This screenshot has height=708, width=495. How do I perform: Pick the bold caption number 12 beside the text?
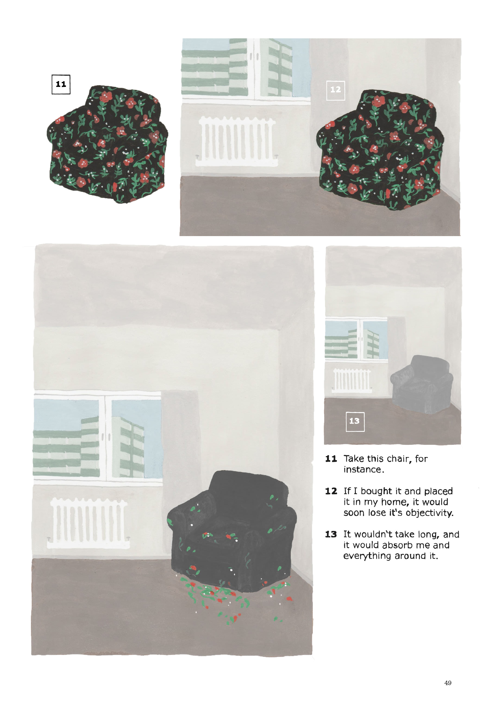click(331, 491)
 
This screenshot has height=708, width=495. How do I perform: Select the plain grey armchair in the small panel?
click(422, 384)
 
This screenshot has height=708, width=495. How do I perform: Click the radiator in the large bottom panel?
click(88, 523)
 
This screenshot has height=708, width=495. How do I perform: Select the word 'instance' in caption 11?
click(363, 469)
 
